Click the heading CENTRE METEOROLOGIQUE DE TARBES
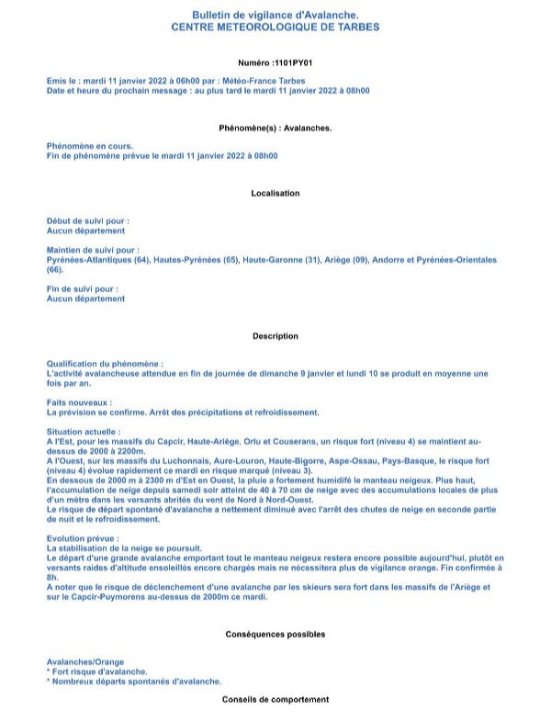pos(275,28)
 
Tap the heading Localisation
pos(275,193)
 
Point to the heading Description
pos(275,336)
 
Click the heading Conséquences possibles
pos(275,634)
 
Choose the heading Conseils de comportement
pos(275,700)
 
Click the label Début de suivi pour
pos(87,221)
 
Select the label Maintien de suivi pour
pos(93,250)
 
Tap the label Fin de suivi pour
pos(83,288)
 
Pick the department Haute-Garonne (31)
pos(275,260)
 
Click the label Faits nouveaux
pos(79,402)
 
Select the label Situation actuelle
pos(83,431)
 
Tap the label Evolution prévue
pos(82,539)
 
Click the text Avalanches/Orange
pos(84,661)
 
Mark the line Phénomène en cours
pos(89,145)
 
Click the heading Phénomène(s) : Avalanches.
pos(275,127)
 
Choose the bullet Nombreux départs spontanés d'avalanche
pos(135,681)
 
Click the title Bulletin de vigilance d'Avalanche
pos(275,17)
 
